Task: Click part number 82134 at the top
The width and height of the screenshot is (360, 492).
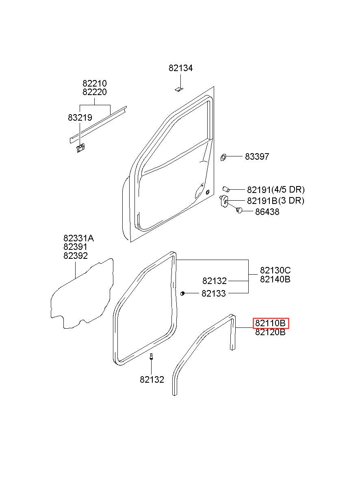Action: [x=180, y=68]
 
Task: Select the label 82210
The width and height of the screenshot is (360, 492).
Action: [x=95, y=83]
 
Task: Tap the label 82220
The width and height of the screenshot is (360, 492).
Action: [x=95, y=92]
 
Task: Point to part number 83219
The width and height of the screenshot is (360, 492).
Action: [x=80, y=118]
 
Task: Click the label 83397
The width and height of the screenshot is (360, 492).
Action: [x=257, y=156]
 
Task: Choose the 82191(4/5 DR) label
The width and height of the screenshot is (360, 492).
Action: [x=276, y=190]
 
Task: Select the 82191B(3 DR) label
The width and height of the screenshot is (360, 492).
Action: [x=275, y=201]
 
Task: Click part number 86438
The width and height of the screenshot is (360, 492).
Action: [x=267, y=212]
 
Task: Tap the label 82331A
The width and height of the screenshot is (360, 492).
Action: [x=79, y=238]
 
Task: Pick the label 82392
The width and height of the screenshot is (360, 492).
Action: [x=76, y=256]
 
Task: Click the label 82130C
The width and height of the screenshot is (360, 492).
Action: [x=275, y=270]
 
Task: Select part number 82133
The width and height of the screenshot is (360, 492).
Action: [x=214, y=293]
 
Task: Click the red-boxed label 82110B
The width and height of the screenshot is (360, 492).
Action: [x=271, y=323]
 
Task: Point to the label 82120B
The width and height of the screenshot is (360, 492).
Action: [x=270, y=332]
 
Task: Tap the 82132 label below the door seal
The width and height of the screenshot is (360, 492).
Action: [x=152, y=379]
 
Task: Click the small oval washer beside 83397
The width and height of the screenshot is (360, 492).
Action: [x=223, y=157]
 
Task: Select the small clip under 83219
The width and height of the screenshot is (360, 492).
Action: [x=81, y=148]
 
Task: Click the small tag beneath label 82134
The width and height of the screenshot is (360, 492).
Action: [x=179, y=89]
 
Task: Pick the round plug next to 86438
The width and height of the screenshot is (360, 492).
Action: [x=239, y=210]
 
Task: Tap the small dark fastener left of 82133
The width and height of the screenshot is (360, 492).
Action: [x=182, y=293]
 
